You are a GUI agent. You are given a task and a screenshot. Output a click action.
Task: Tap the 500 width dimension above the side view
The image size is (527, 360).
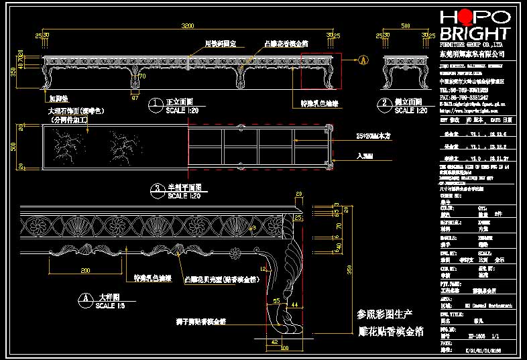[406, 25]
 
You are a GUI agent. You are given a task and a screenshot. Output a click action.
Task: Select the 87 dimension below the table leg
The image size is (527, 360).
[134, 98]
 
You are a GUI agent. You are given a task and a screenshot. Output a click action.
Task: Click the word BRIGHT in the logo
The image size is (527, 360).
[473, 33]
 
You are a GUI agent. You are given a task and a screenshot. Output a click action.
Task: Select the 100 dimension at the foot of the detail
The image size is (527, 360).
[284, 349]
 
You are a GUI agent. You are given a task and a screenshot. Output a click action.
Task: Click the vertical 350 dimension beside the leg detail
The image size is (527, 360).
[349, 269]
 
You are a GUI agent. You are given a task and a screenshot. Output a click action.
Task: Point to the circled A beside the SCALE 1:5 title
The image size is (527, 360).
[85, 297]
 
